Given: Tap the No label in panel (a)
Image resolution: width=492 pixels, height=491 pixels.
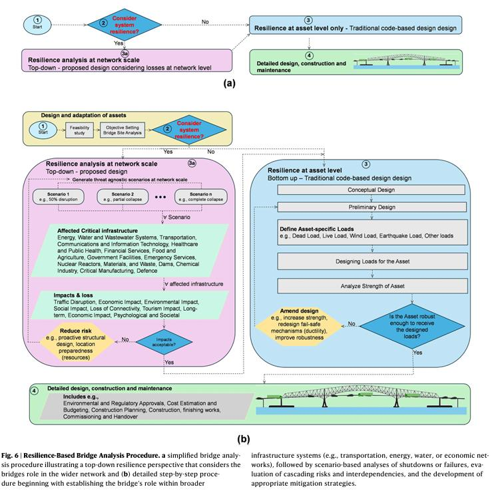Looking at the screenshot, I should click(x=205, y=21).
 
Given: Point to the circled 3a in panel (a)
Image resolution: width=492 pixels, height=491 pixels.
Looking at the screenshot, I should click(x=124, y=51).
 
